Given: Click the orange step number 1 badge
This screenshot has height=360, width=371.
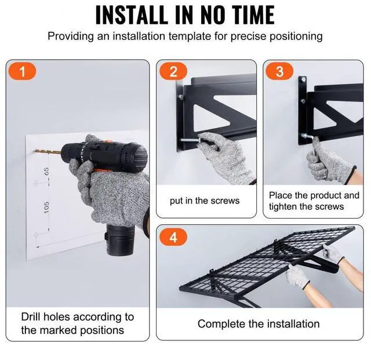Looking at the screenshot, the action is [22, 71].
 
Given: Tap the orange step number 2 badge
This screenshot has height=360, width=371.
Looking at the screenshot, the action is [173, 71].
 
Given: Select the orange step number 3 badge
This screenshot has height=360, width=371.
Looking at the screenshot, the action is [279, 71].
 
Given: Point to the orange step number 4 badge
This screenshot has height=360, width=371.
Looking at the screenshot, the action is [173, 237].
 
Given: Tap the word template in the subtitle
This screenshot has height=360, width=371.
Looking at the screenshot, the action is [190, 37].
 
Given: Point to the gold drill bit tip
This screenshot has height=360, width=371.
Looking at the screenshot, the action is [34, 151].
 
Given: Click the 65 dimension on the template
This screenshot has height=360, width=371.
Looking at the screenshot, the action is [46, 172].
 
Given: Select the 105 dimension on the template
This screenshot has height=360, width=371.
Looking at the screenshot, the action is [46, 207].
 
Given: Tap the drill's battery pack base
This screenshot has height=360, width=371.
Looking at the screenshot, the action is [120, 239].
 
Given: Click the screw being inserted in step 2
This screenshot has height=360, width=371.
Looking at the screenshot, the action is [191, 140].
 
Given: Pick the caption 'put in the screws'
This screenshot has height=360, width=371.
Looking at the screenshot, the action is [205, 201].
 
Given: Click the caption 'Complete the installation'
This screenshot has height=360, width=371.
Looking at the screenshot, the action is [259, 324].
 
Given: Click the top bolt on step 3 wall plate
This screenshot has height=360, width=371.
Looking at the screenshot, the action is [303, 80].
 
